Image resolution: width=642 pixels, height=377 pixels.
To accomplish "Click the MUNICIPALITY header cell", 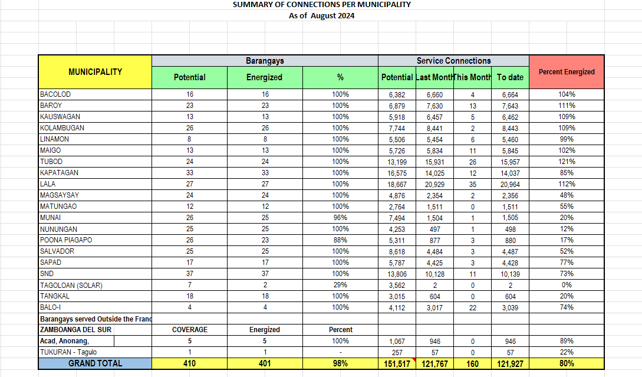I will (95, 72).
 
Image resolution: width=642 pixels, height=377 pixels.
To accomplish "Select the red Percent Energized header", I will (567, 72).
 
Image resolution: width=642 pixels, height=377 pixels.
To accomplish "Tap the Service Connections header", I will (453, 61).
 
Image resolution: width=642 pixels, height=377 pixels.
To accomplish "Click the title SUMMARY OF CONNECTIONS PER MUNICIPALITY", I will (321, 5).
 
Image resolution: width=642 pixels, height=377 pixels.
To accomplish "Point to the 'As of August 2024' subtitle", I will (321, 16).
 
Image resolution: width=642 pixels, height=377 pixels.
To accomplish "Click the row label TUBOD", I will (51, 162).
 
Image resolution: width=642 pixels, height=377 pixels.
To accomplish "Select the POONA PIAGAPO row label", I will (66, 240).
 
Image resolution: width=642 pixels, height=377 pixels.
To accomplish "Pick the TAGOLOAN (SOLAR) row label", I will (71, 285).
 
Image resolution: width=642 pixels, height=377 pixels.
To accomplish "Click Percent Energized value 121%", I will (567, 162).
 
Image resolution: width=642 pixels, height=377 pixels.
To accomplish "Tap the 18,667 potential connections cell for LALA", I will (397, 184).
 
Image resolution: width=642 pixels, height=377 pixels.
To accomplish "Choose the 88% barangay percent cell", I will (340, 240).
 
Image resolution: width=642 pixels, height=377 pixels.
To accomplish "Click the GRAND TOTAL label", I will (95, 363).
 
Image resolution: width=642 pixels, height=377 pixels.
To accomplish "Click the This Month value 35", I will (473, 184).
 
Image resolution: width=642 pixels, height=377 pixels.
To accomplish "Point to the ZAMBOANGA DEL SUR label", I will (75, 330).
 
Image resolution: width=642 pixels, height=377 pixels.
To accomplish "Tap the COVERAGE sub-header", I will (189, 330).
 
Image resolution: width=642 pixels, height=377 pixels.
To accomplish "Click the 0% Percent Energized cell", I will (567, 285).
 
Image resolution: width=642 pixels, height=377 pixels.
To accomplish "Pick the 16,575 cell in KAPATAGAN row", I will (397, 173).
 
